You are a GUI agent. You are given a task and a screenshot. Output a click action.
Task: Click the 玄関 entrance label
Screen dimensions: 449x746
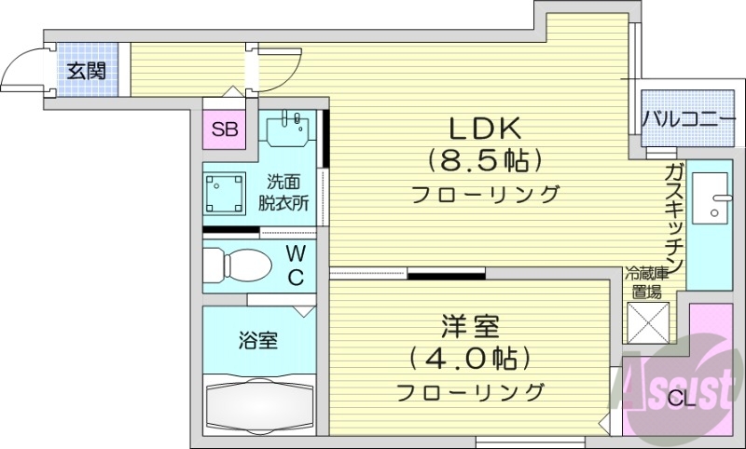[x=86, y=71]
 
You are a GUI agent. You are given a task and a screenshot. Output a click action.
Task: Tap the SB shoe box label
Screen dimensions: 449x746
[x=224, y=129]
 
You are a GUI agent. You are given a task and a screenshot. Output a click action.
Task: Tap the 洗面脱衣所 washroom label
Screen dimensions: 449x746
[x=284, y=190]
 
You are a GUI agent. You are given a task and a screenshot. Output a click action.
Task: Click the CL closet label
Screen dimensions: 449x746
[x=680, y=401]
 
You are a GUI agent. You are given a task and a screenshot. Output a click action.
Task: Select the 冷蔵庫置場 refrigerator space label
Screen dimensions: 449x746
[x=647, y=281]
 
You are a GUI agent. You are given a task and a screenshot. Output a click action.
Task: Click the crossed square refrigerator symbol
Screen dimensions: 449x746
[x=647, y=326]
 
